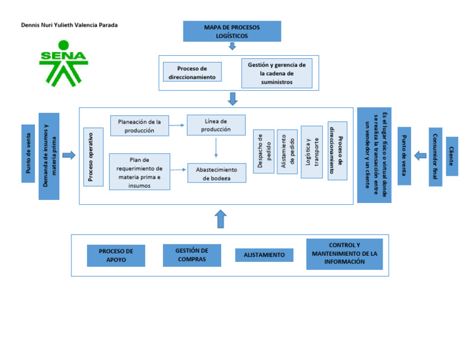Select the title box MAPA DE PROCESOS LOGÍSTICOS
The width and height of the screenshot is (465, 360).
click(232, 32)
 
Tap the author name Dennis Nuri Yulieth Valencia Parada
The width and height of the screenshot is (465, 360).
click(70, 25)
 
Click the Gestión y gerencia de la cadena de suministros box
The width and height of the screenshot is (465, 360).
click(276, 73)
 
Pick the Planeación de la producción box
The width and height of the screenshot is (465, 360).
click(139, 125)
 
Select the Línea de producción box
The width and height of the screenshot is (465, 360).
click(216, 125)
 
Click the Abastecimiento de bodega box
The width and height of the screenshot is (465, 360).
click(216, 173)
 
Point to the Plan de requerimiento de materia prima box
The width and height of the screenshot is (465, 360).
click(139, 172)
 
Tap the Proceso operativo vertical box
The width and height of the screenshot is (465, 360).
click(93, 156)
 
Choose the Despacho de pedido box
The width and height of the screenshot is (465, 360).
click(263, 152)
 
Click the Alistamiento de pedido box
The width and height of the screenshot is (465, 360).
click(287, 152)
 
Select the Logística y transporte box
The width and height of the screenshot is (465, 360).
click(312, 152)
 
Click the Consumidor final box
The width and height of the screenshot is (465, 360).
click(435, 156)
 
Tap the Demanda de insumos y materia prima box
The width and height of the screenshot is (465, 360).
click(49, 156)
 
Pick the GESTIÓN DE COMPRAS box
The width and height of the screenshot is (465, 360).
click(191, 255)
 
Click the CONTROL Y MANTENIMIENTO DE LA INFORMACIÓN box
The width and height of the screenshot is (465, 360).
click(344, 254)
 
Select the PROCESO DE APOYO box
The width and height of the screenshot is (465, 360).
click(116, 255)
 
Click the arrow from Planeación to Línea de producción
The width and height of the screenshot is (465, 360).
click(177, 125)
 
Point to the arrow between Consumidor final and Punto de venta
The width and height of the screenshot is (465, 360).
click(420, 156)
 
